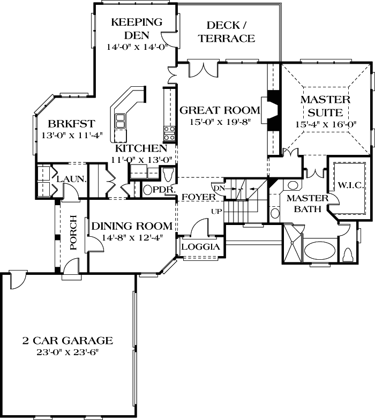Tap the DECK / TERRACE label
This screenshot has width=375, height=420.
[230, 32]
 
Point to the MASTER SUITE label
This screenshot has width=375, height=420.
[325, 106]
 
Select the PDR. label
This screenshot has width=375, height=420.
[162, 190]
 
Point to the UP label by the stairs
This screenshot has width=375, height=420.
[216, 211]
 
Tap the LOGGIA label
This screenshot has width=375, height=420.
[200, 247]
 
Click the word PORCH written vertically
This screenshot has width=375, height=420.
[73, 234]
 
